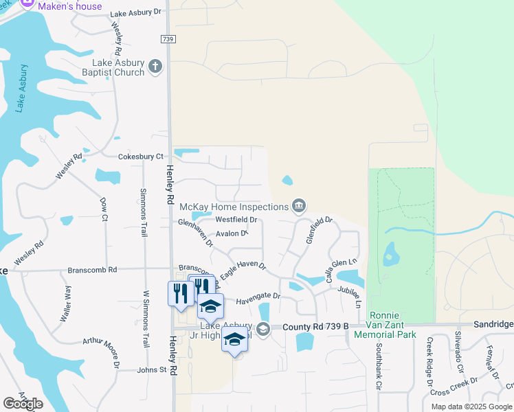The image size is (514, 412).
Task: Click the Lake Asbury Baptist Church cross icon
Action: point(156,67)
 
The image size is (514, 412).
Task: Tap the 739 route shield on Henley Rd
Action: point(168,40)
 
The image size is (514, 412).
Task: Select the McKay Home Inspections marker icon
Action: point(299,205)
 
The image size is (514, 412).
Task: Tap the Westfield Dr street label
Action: point(236,220)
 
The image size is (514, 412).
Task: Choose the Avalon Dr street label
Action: point(231,233)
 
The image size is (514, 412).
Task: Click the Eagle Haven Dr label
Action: point(243,268)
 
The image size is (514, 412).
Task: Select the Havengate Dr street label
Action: point(258,297)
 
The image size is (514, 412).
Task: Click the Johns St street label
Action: point(153,369)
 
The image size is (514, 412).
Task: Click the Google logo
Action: point(23,404)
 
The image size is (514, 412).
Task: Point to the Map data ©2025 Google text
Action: point(471,407)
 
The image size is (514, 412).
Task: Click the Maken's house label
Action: point(70,6)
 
